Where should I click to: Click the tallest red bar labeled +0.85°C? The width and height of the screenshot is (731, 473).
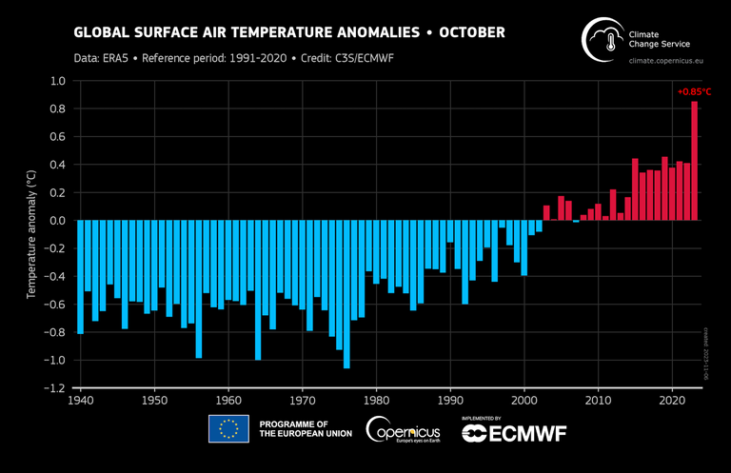694,162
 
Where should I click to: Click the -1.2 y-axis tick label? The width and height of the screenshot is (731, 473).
54,388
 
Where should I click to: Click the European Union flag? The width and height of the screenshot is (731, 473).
228,429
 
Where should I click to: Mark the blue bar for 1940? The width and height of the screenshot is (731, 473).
80,277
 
